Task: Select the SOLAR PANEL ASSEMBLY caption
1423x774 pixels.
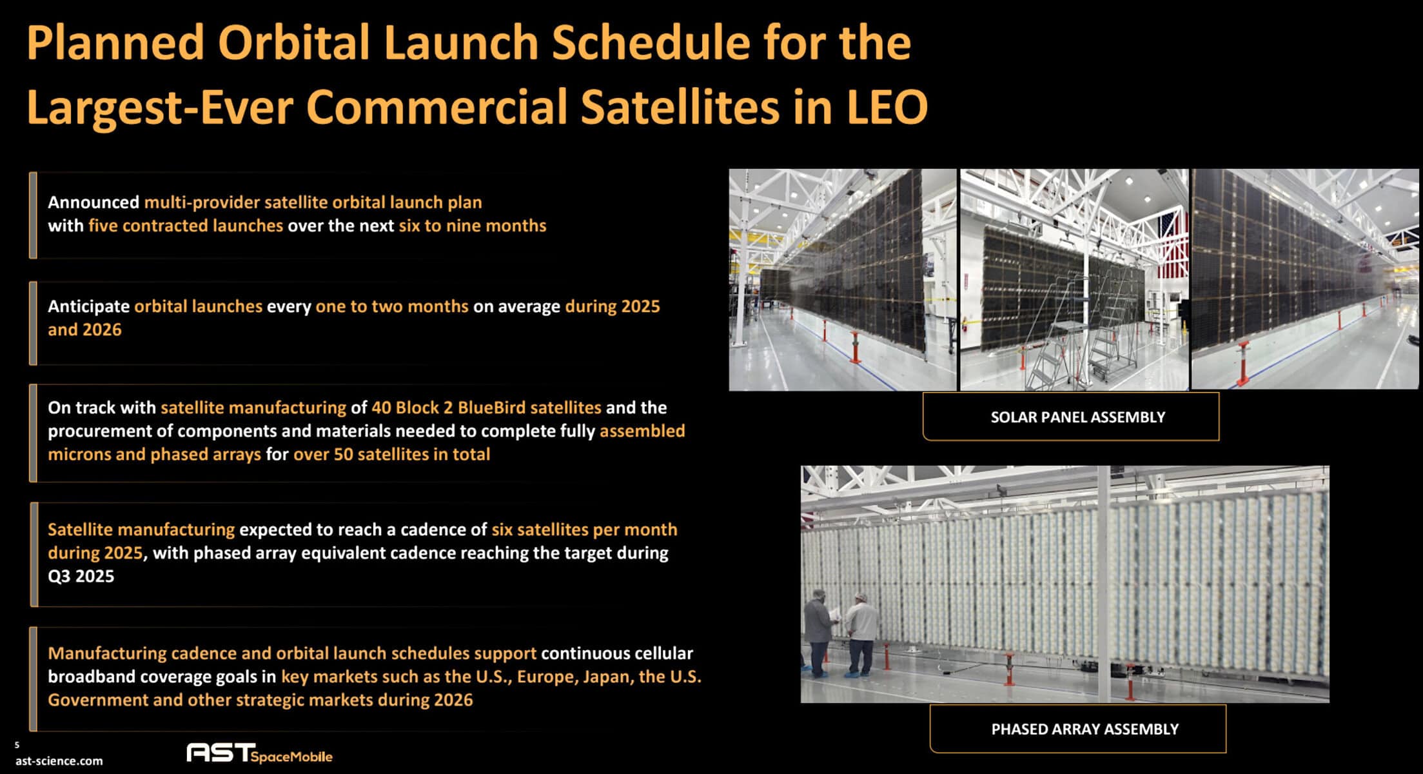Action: tap(1077, 417)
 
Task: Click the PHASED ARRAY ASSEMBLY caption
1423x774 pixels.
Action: tap(1084, 729)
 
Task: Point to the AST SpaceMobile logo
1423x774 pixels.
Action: tap(259, 753)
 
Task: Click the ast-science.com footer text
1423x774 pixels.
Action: tap(59, 761)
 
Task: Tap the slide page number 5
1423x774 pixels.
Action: tap(17, 745)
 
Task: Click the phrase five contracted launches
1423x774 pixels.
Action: tap(186, 226)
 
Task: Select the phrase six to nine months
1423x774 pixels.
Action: tap(473, 226)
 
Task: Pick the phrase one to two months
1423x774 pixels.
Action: tap(392, 306)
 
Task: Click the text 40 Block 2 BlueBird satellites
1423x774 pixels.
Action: tap(486, 408)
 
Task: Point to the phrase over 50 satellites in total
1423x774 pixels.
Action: tap(391, 454)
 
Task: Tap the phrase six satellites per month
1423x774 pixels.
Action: tap(584, 530)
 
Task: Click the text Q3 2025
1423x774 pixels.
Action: tap(81, 576)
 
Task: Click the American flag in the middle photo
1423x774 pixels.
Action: tap(1168, 245)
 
